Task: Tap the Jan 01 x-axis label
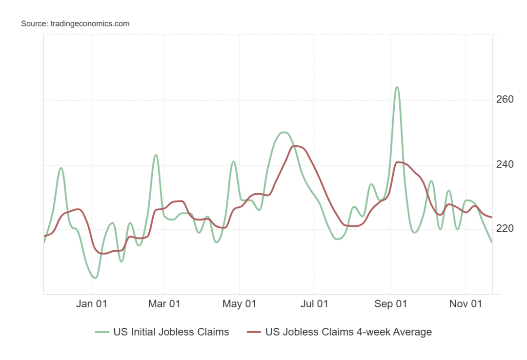tap(92, 304)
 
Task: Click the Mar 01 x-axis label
tap(164, 304)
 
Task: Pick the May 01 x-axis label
tap(239, 304)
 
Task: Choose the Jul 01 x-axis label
tap(314, 304)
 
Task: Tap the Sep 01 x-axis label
tap(390, 304)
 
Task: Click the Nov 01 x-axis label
tap(466, 304)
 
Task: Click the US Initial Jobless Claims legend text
tap(171, 332)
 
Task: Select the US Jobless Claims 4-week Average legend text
tap(348, 332)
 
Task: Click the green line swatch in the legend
tap(101, 332)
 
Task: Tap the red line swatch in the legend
tap(254, 332)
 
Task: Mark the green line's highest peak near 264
tap(397, 87)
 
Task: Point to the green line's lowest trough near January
tap(95, 278)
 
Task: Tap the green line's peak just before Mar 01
tap(156, 155)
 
